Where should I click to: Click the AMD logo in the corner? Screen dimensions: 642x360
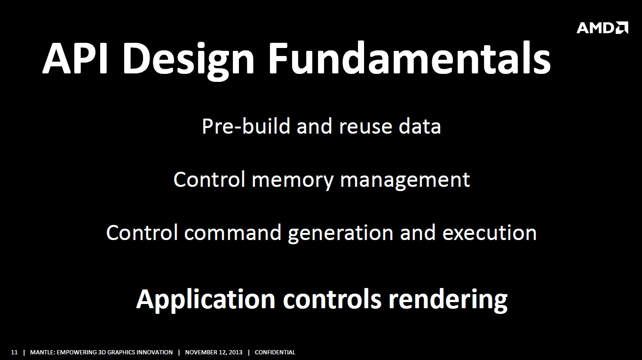pyautogui.click(x=602, y=28)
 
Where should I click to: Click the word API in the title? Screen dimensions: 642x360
pyautogui.click(x=75, y=58)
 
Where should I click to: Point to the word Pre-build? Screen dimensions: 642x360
pyautogui.click(x=246, y=126)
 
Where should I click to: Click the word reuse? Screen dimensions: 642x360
pyautogui.click(x=365, y=128)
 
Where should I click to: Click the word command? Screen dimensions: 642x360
pyautogui.click(x=233, y=233)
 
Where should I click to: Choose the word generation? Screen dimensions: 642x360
pyautogui.click(x=341, y=234)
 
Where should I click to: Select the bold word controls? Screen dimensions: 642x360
pyautogui.click(x=332, y=299)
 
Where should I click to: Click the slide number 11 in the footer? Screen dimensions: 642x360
pyautogui.click(x=14, y=352)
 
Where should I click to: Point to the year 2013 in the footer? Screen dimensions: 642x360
pyautogui.click(x=235, y=352)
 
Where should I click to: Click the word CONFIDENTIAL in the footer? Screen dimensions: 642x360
pyautogui.click(x=275, y=352)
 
